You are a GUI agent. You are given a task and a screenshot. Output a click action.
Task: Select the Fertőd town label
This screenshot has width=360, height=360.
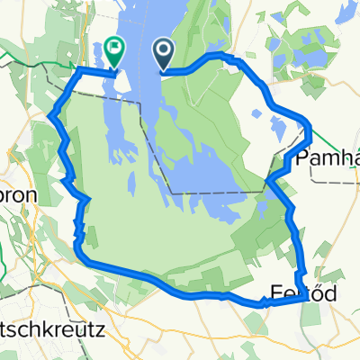click(x=298, y=292)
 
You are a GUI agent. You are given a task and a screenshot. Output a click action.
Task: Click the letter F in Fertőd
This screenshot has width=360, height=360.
click(x=276, y=292)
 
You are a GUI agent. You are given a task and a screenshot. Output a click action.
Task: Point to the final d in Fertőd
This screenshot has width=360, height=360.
click(x=319, y=292)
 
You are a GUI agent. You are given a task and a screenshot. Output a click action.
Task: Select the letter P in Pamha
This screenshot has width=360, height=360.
click(x=300, y=158)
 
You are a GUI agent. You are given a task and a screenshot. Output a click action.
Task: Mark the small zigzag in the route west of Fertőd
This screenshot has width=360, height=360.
click(x=265, y=303)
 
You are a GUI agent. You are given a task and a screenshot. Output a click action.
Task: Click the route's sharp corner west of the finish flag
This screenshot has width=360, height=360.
click(x=78, y=69)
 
